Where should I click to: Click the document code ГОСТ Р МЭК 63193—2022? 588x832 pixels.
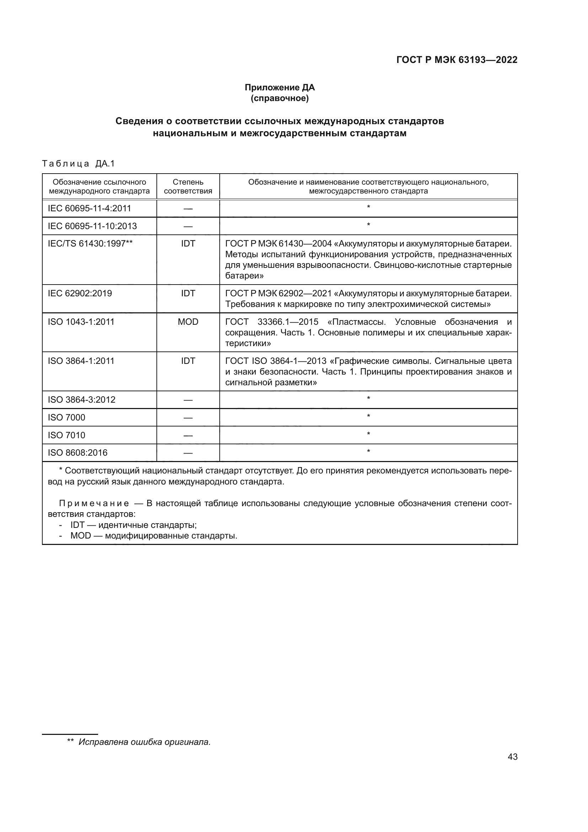(456, 60)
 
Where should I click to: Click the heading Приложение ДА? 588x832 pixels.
(279, 88)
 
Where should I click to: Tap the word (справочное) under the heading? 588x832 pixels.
(279, 98)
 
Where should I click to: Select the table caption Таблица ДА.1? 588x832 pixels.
(78, 163)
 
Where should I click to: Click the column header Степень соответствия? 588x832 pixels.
(188, 186)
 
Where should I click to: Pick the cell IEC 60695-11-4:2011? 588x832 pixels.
(90, 208)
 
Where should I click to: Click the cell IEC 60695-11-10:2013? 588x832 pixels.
(92, 226)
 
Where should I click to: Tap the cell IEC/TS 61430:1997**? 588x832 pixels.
(90, 244)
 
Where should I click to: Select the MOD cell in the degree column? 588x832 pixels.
(188, 322)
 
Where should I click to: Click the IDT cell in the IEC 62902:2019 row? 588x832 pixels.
(188, 293)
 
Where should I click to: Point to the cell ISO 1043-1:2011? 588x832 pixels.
(81, 322)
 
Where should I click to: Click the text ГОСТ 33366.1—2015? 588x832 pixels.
(272, 322)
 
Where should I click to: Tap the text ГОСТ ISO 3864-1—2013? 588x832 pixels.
(276, 361)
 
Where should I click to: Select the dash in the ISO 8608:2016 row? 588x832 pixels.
(188, 453)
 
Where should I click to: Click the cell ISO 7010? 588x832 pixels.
(66, 435)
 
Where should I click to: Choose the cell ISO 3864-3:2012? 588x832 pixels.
(81, 400)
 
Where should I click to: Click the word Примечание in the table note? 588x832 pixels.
(94, 503)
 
